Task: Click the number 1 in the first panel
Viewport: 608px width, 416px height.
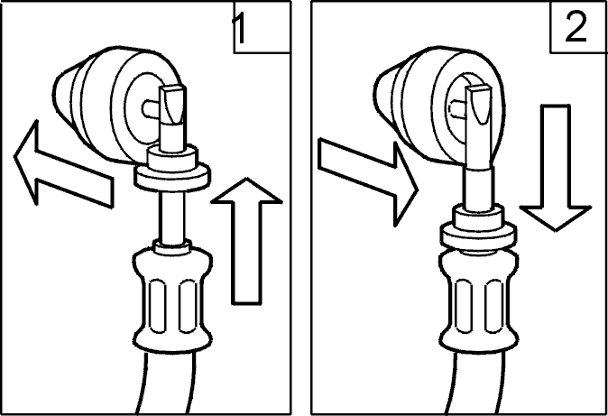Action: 240,29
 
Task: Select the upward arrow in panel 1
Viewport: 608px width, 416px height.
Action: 246,241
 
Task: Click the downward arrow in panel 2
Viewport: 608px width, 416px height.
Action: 556,168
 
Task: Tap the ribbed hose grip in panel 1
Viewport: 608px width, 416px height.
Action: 172,300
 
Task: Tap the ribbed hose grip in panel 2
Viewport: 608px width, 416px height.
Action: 479,300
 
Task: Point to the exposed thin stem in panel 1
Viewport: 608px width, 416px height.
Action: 171,216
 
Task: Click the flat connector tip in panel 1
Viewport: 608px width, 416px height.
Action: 172,116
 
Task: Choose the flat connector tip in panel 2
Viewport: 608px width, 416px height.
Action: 479,128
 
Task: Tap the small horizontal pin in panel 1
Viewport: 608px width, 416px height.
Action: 152,108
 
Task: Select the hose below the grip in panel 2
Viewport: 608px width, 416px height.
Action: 474,383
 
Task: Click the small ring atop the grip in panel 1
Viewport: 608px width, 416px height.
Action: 171,247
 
